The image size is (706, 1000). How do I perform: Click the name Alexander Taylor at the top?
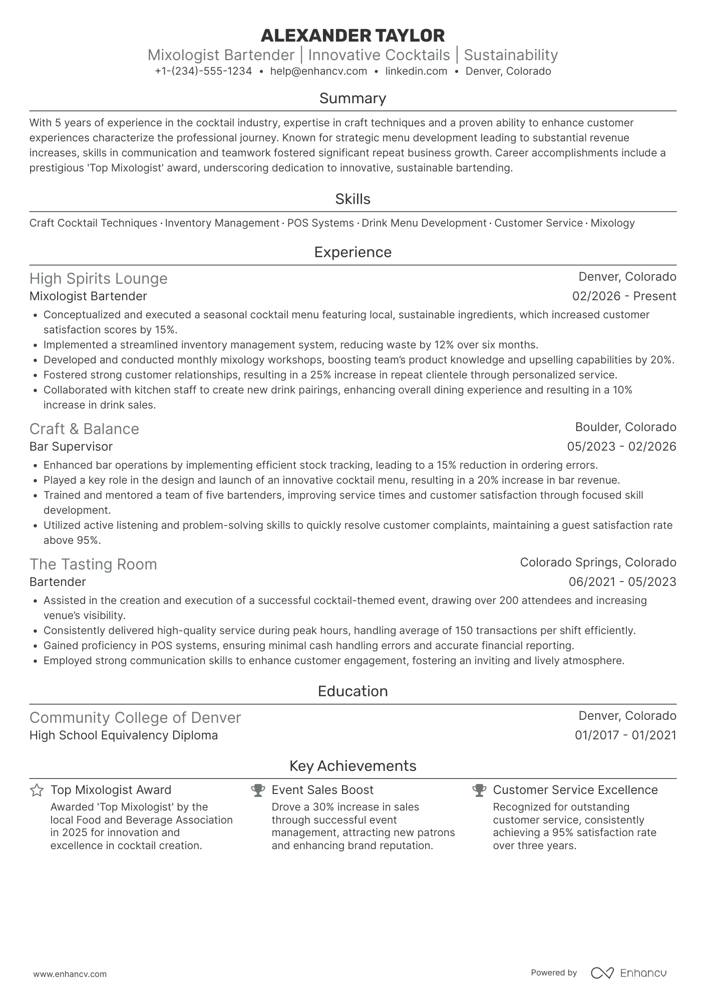pos(352,36)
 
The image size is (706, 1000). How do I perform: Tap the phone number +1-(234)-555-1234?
pos(203,71)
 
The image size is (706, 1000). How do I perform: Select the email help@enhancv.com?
pos(318,71)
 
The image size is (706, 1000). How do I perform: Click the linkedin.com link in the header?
pos(416,71)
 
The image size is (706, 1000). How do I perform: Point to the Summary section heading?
pos(352,98)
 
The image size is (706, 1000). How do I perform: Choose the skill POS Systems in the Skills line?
pos(320,223)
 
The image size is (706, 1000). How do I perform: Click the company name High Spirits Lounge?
pos(99,279)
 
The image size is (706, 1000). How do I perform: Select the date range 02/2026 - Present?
pos(624,296)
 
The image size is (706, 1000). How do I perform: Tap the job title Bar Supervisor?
pos(71,447)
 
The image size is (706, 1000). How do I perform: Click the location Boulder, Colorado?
pos(625,427)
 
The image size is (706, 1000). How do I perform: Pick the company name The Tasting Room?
pos(93,564)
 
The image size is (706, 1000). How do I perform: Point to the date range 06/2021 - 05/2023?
pos(622,582)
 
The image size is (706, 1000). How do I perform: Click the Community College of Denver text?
pos(135,718)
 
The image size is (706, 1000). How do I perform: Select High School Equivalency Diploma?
pos(124,735)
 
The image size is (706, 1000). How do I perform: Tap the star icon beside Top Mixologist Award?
pos(37,790)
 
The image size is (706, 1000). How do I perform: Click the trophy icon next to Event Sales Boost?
pos(258,790)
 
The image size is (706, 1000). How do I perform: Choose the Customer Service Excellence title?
pos(575,790)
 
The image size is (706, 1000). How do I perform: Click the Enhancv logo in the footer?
pos(628,973)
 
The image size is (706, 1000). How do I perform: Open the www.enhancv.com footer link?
pos(70,974)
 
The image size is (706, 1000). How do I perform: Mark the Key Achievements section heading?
pos(352,766)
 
